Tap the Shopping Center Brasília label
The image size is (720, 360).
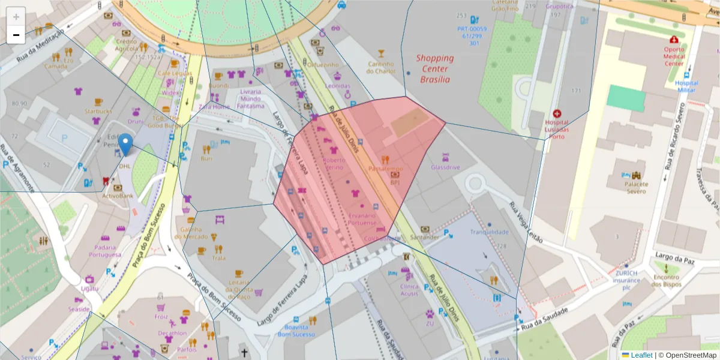point(435,68)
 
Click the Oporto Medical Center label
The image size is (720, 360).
point(674,56)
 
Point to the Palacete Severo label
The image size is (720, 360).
point(636,187)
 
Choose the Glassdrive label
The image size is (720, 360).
point(445,167)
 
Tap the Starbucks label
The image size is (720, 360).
point(98,111)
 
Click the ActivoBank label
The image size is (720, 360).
point(117,196)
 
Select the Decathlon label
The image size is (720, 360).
point(172,333)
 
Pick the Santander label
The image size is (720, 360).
point(425,237)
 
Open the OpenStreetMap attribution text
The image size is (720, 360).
point(687,355)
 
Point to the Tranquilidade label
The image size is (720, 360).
point(490,232)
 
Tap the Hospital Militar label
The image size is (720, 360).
point(686,86)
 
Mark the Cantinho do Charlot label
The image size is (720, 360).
point(382,67)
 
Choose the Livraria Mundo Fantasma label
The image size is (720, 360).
point(250,98)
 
